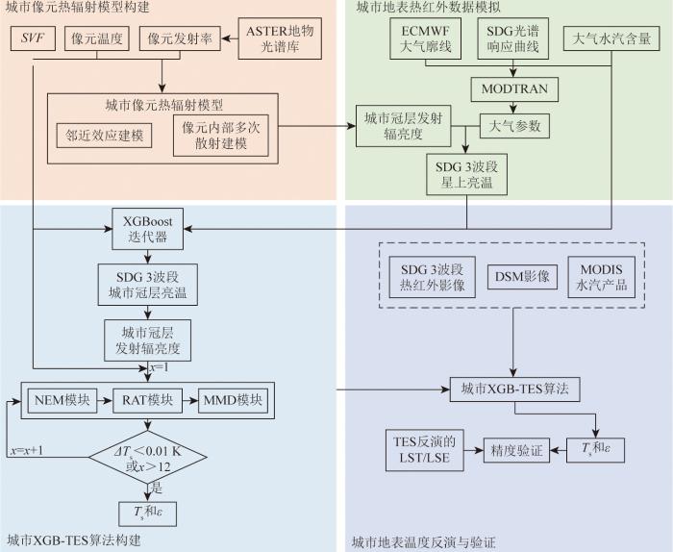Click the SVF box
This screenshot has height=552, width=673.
point(35,39)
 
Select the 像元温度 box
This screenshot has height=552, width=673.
point(99,39)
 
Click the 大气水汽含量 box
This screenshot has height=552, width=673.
point(611,39)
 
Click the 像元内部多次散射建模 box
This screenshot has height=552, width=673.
point(223,135)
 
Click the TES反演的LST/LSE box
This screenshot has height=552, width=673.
point(426,449)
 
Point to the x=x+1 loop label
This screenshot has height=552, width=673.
point(27,450)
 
